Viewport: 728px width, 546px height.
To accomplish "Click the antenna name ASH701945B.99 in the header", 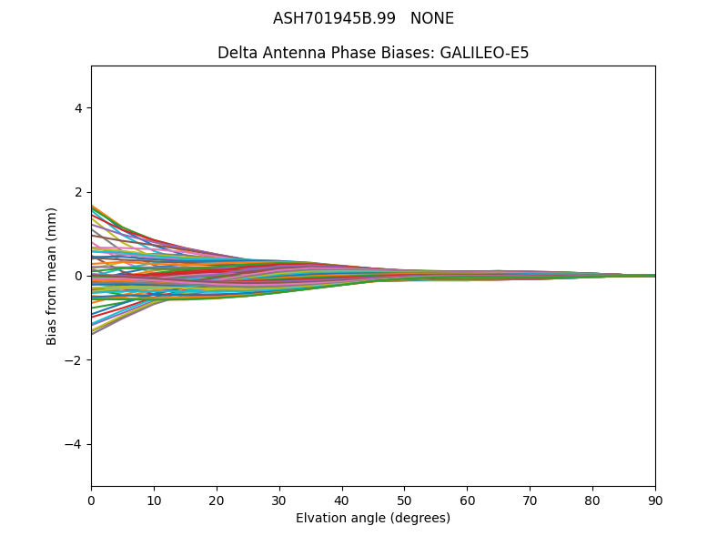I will [x=334, y=18].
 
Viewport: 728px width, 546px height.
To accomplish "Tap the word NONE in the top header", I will [x=432, y=18].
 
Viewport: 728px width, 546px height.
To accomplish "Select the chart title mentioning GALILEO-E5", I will [x=373, y=53].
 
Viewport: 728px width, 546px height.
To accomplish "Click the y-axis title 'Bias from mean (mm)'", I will [x=52, y=276].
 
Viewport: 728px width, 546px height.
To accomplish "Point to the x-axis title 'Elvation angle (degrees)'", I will [x=373, y=519].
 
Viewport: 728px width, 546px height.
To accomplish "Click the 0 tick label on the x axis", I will [x=91, y=500].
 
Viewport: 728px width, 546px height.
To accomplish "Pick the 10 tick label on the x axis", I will [x=154, y=500].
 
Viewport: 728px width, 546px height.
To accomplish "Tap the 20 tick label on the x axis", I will [x=217, y=500].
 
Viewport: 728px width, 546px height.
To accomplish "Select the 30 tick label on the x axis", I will [x=279, y=500].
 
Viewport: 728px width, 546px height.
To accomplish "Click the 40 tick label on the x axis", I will [x=342, y=500].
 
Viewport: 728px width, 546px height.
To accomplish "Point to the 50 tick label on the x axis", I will [x=404, y=500].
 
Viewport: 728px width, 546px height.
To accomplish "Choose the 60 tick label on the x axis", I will [x=467, y=500].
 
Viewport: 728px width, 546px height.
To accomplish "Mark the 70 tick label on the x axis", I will [x=530, y=500].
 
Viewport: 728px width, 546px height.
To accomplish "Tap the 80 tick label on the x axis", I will [x=592, y=500].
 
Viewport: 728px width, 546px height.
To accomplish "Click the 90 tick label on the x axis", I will [x=655, y=500].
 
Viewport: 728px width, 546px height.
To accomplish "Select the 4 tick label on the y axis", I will [x=78, y=108].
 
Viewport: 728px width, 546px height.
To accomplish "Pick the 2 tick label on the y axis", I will [x=78, y=192].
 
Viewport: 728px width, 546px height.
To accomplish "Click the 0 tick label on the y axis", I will [x=78, y=276].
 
